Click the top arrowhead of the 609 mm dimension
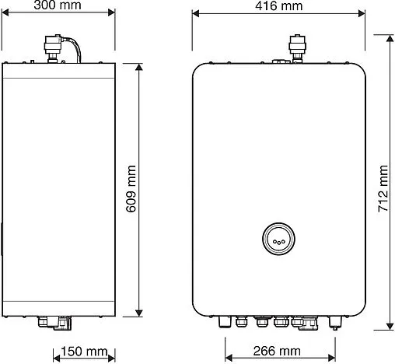pos(139,68)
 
